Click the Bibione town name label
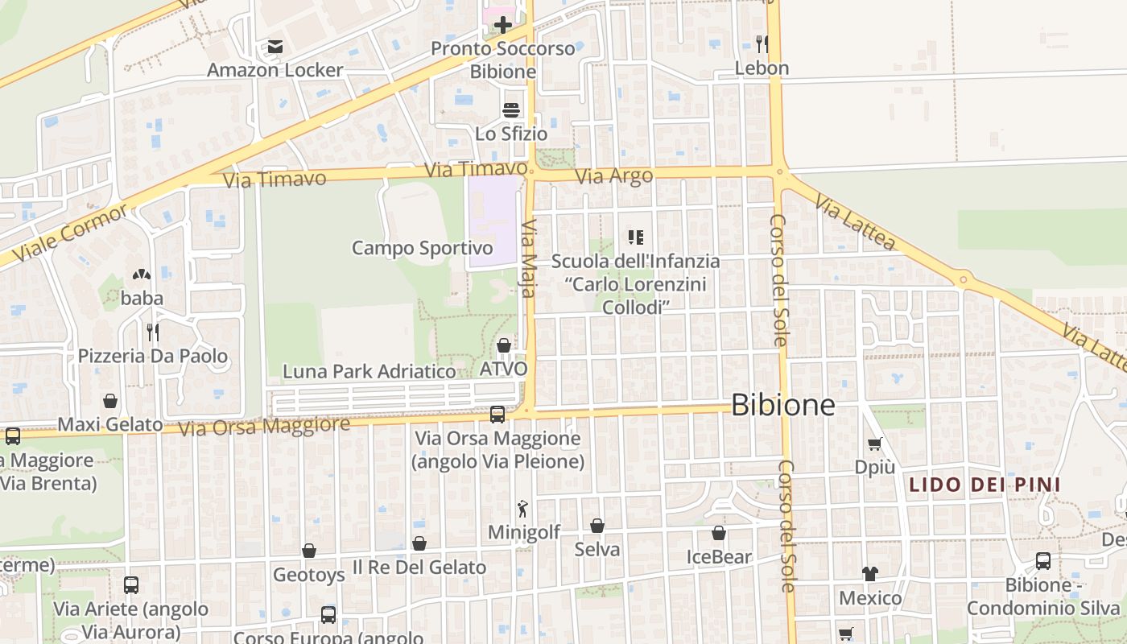tap(782, 405)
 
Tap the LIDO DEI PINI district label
tap(984, 485)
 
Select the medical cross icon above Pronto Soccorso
tap(503, 25)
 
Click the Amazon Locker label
tap(275, 70)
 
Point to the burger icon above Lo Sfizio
tap(511, 109)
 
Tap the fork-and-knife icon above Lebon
tap(762, 43)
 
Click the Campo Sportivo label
tap(422, 248)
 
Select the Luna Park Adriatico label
tap(369, 371)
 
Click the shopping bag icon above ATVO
tap(504, 345)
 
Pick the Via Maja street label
tap(529, 258)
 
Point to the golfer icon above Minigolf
tap(523, 509)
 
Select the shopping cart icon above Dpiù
tap(874, 444)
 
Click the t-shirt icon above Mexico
tap(870, 574)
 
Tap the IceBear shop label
tap(719, 556)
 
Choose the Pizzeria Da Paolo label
tap(153, 356)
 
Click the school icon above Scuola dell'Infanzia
tap(636, 237)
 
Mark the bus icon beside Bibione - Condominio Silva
tap(1042, 561)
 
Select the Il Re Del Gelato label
tap(419, 567)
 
